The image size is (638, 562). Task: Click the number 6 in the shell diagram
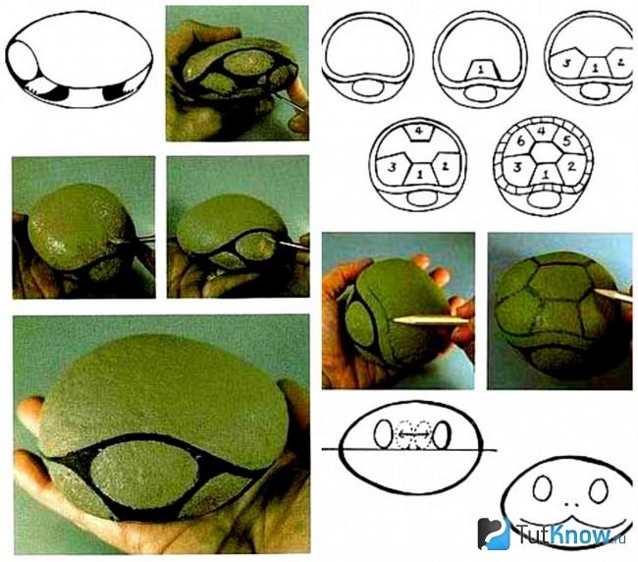(520, 141)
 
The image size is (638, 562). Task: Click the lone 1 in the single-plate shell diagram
(481, 70)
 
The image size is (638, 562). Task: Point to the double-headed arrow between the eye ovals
(412, 435)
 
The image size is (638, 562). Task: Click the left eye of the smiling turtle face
(543, 488)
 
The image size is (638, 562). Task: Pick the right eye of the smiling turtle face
(599, 490)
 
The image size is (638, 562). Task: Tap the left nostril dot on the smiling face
(566, 504)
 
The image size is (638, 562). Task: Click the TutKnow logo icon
(494, 534)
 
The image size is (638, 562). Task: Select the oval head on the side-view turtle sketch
(24, 62)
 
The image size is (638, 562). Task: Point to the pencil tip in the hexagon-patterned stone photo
(595, 291)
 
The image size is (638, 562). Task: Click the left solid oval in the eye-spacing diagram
(383, 434)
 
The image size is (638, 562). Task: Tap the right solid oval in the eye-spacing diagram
(442, 435)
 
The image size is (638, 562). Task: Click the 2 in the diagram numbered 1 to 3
(620, 62)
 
